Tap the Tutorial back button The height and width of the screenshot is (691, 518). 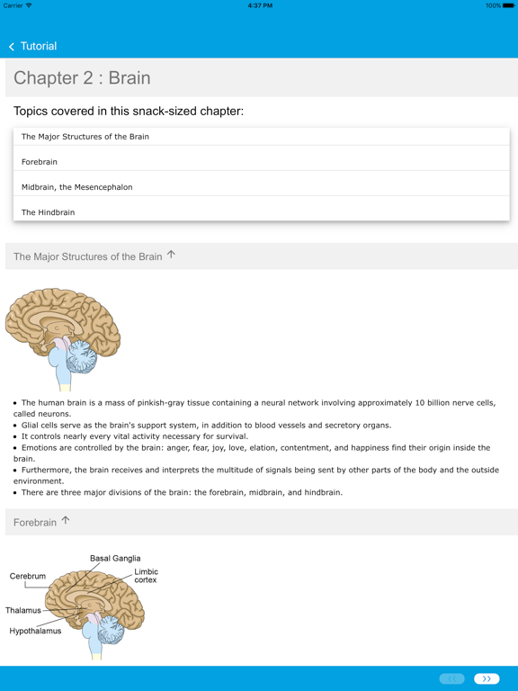point(33,46)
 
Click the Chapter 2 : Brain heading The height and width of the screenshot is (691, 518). point(82,78)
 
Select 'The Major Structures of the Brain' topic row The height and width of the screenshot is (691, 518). point(85,137)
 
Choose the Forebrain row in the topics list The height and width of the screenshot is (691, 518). point(40,162)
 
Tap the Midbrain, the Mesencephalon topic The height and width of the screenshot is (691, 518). point(77,187)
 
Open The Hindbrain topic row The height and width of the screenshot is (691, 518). point(49,212)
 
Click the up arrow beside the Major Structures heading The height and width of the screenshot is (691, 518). point(171,255)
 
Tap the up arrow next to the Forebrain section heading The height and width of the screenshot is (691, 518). point(65,520)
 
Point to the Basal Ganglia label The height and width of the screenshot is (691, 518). point(115,559)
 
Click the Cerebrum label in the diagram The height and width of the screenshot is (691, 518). point(28,577)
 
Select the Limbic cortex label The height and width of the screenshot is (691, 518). point(146,576)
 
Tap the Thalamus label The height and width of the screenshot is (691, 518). point(23,611)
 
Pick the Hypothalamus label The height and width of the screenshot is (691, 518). point(35,632)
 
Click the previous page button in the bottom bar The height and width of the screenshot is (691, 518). point(451,678)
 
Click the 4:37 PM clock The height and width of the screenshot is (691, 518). point(259,5)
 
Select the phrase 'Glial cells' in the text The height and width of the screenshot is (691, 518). point(41,426)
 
